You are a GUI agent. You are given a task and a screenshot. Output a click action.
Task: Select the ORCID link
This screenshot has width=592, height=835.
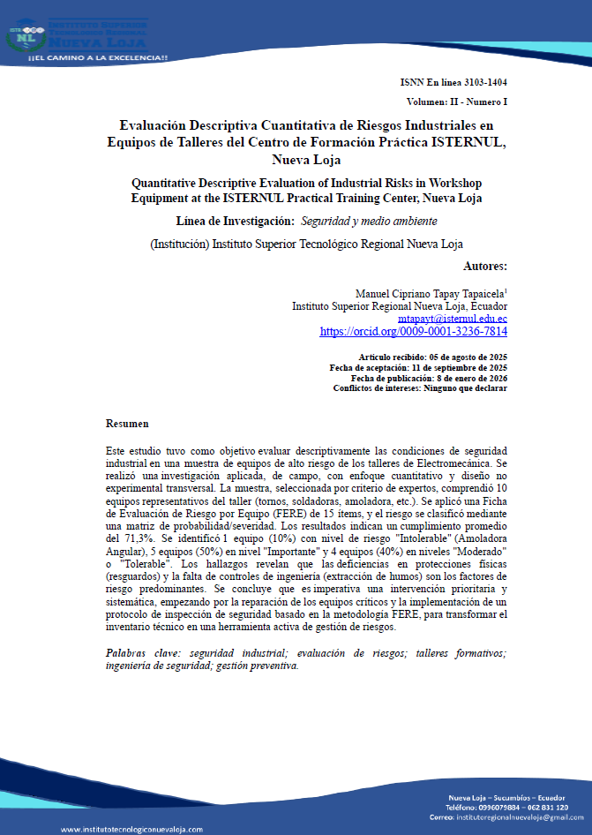(x=413, y=332)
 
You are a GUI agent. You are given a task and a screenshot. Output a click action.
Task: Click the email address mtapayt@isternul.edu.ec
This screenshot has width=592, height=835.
(x=452, y=318)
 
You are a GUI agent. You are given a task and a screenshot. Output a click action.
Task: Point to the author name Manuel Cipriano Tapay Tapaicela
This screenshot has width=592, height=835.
(x=429, y=292)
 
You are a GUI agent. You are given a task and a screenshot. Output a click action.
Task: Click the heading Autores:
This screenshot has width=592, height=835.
(x=484, y=266)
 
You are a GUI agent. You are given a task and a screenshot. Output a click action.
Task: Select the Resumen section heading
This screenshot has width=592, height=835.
(x=127, y=424)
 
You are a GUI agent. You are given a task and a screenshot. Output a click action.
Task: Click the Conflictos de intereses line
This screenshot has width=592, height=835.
(x=420, y=388)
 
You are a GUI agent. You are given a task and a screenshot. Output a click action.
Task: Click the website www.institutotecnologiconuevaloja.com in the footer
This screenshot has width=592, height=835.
(x=131, y=829)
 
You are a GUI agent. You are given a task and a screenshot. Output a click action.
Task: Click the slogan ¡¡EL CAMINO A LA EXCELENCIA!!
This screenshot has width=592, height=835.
(x=98, y=57)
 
